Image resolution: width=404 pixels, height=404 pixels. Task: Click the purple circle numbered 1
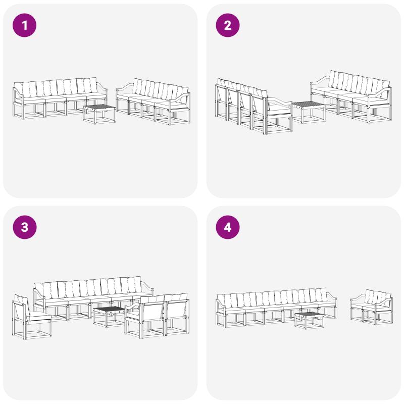(x=24, y=25)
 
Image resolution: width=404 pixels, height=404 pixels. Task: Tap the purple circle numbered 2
(x=228, y=25)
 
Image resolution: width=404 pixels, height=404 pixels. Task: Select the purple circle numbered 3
(x=24, y=227)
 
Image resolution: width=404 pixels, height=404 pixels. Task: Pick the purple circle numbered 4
(x=228, y=227)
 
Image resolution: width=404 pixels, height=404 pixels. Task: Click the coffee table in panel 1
(x=99, y=114)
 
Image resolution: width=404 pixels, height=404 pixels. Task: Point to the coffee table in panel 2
(x=309, y=112)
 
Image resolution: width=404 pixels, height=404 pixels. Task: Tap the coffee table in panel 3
(x=110, y=317)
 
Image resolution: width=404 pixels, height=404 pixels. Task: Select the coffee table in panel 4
(x=309, y=320)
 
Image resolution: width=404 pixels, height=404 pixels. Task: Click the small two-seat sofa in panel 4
(x=371, y=307)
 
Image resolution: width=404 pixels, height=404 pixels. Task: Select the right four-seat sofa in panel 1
(x=154, y=101)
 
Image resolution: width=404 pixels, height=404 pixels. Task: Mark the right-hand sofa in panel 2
(x=351, y=96)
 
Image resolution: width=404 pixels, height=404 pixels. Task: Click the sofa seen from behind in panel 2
(x=254, y=106)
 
